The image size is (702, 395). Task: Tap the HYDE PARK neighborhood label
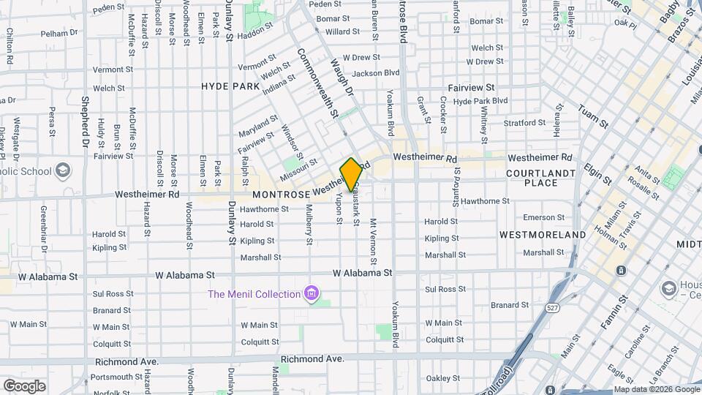230,86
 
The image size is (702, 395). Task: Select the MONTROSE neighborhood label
282,195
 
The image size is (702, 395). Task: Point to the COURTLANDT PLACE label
541,178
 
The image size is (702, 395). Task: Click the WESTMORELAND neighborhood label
543,235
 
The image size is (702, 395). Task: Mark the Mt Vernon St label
374,241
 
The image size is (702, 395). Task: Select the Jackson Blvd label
376,73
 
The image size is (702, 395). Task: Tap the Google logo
24,386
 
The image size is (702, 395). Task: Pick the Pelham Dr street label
59,33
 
